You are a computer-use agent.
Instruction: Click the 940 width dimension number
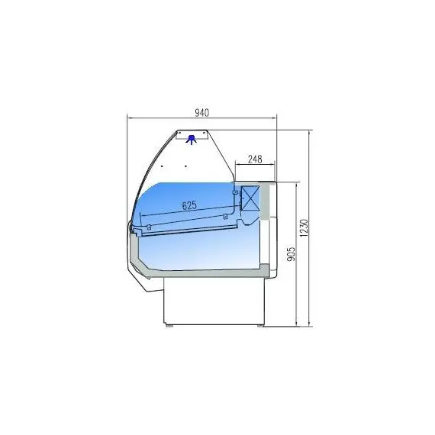point(201,112)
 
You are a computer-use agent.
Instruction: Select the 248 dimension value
point(255,159)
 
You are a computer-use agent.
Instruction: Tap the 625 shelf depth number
point(189,205)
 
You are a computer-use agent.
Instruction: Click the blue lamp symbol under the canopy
point(192,138)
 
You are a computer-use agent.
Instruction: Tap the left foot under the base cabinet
point(170,326)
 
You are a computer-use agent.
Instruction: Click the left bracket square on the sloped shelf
point(150,227)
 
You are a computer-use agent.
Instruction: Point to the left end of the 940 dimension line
point(127,118)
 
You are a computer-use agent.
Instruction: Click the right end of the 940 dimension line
point(276,118)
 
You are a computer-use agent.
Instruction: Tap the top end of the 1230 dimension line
point(310,130)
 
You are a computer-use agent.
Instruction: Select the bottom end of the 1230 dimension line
point(310,325)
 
